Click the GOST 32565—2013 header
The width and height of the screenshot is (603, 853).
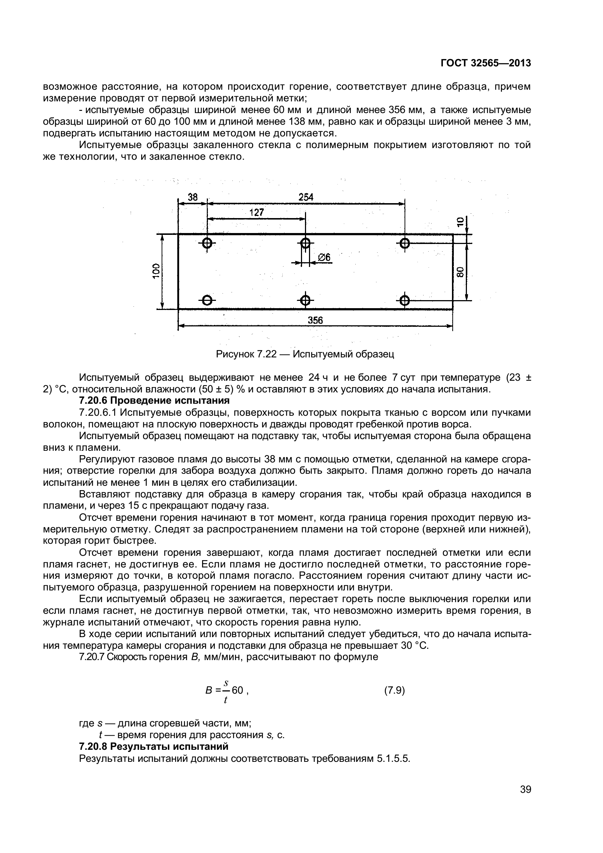point(486,63)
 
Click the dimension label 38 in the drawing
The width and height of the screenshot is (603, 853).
point(193,197)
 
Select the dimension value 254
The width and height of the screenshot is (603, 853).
point(306,197)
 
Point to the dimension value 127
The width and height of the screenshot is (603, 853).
point(256,213)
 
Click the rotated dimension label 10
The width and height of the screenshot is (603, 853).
point(460,222)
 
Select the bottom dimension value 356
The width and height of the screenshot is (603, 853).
point(315,320)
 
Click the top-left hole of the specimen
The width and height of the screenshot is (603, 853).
point(207,243)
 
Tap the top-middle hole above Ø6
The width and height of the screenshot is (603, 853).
point(305,243)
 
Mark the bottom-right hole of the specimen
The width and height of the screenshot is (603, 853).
point(405,300)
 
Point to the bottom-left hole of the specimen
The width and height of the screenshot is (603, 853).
point(207,300)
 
